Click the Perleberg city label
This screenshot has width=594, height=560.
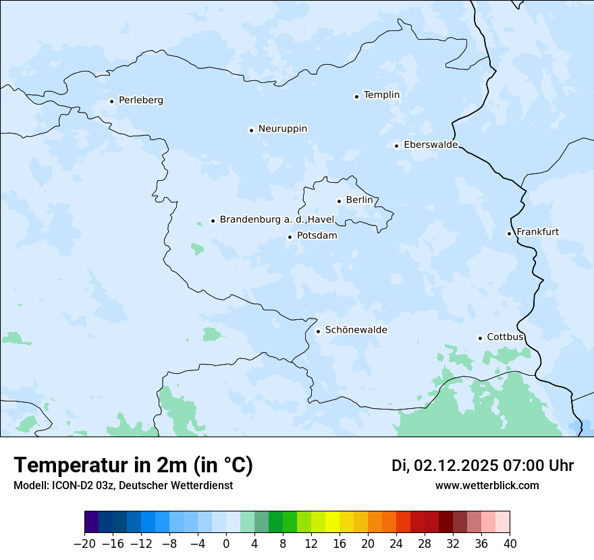tap(140, 101)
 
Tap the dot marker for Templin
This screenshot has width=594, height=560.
tap(356, 96)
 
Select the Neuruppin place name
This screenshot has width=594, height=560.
tap(282, 129)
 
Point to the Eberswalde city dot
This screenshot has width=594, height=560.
tap(396, 146)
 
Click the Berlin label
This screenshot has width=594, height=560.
tap(359, 200)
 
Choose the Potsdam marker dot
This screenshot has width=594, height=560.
tap(290, 237)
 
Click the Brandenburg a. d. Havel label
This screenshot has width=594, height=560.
tap(277, 220)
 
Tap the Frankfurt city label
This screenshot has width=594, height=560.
tap(537, 232)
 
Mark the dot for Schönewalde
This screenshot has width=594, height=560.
tap(318, 331)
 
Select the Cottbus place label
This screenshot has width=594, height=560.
tap(505, 337)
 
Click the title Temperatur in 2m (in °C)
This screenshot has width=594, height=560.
tap(133, 466)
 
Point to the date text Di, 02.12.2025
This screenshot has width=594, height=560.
tap(445, 466)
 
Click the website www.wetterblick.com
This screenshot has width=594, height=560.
tap(487, 485)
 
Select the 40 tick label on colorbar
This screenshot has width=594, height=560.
tap(510, 544)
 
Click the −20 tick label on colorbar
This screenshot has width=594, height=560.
tap(84, 544)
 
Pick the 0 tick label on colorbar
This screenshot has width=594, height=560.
tap(226, 544)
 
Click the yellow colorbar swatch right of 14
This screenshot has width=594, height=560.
tap(333, 522)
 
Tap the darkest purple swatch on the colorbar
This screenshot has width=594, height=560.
tap(92, 522)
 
